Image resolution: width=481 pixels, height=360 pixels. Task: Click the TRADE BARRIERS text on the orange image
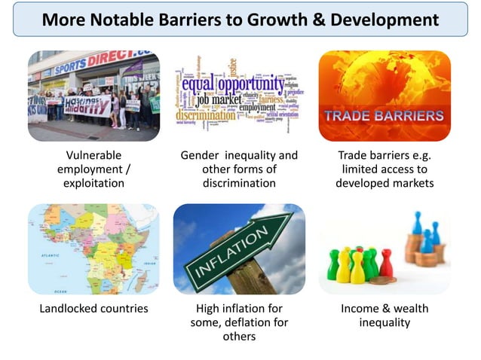[384, 117]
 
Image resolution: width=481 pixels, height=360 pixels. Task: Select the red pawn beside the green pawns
[386, 264]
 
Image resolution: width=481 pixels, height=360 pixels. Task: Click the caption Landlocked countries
[94, 308]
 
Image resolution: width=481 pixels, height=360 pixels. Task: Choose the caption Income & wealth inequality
[385, 315]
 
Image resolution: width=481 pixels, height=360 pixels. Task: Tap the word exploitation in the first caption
[94, 183]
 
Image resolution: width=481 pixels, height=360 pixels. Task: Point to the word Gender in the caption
[200, 155]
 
